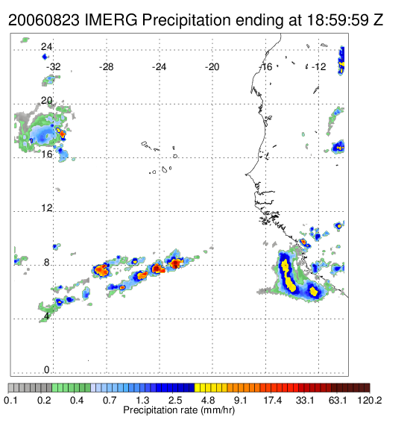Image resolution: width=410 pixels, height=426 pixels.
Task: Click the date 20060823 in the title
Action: coord(44,20)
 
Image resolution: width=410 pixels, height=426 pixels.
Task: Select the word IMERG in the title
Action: coord(111,20)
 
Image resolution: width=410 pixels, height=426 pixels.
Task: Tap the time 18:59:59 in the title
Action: coord(338,20)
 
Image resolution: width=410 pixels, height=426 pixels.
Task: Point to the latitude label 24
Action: coord(46,47)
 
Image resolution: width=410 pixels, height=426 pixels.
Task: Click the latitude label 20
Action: coord(46,101)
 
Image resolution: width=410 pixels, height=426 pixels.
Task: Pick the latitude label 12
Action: coord(46,208)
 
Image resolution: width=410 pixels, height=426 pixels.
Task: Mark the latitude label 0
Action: coord(47,369)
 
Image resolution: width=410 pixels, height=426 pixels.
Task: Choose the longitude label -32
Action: coord(53,67)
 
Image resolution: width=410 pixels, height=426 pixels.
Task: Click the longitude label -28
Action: coord(106,67)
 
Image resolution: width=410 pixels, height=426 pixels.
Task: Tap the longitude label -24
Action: coord(159,67)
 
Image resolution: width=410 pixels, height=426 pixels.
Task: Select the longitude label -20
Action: coord(212,67)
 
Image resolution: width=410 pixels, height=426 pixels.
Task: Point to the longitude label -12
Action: coord(318,67)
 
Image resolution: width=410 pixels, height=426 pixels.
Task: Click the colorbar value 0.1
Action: coord(10,400)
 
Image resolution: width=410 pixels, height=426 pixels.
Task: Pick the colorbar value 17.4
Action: coord(273,400)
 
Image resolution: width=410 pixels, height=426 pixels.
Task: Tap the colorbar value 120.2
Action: coord(370,400)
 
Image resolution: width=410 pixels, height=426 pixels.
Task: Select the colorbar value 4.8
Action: coord(208,400)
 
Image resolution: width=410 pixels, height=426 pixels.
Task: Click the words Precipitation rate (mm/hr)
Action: coord(179,410)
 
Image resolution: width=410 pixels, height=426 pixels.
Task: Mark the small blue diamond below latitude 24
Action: coord(45,57)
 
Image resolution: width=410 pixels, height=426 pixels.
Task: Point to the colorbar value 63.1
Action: coord(338,400)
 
